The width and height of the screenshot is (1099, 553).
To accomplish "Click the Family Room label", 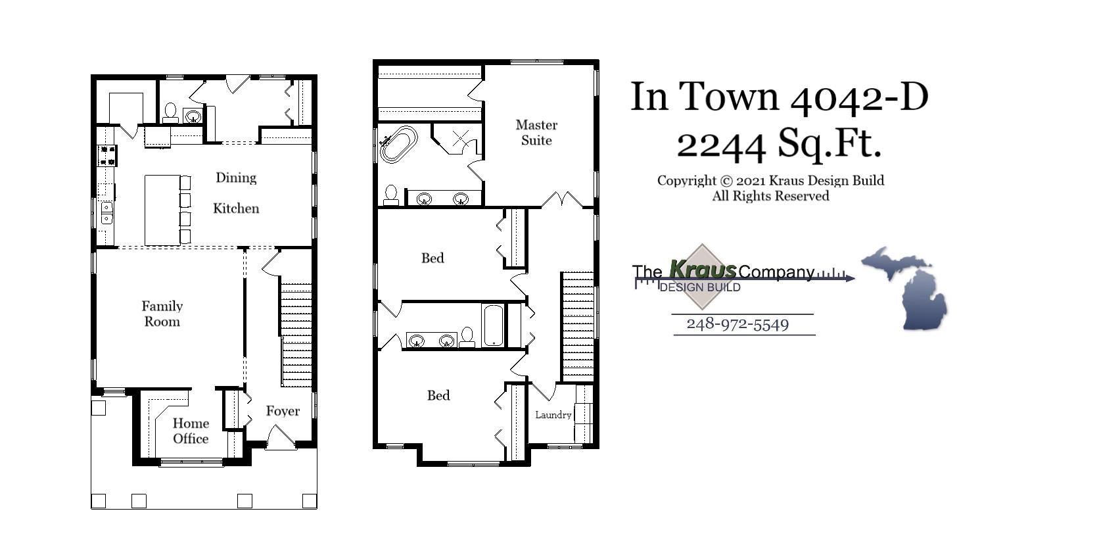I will pyautogui.click(x=162, y=314).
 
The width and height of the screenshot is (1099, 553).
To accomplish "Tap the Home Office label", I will pyautogui.click(x=191, y=431).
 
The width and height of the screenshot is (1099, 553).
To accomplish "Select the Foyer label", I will pyautogui.click(x=283, y=411).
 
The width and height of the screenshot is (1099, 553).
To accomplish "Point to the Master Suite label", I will pyautogui.click(x=536, y=132).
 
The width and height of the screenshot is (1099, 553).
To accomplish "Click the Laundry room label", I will pyautogui.click(x=553, y=415).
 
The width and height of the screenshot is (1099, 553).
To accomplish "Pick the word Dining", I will pyautogui.click(x=236, y=178).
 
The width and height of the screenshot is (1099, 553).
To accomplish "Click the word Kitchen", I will pyautogui.click(x=236, y=208).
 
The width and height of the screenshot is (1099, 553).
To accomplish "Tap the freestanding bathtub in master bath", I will pyautogui.click(x=398, y=144).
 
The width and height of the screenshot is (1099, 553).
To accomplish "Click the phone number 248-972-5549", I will pyautogui.click(x=737, y=324).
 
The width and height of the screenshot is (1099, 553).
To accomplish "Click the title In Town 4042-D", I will pyautogui.click(x=779, y=96).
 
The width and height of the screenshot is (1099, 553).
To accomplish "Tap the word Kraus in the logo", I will pyautogui.click(x=702, y=270).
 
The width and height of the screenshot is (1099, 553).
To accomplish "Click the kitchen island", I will pyautogui.click(x=162, y=210).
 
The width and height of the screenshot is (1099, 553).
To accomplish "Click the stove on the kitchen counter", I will pyautogui.click(x=106, y=155).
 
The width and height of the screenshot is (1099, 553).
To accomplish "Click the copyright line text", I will pyautogui.click(x=770, y=181).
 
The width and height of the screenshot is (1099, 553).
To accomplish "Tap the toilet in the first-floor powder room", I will pyautogui.click(x=170, y=113).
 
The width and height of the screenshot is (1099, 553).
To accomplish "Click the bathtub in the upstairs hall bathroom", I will pyautogui.click(x=493, y=325).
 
